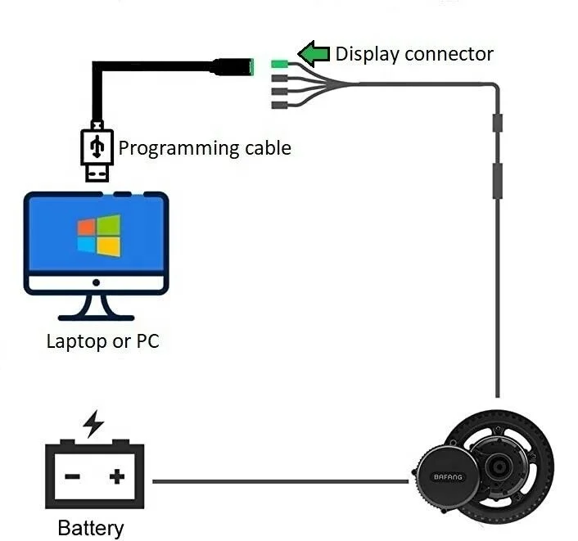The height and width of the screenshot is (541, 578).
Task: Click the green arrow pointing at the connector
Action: pos(313,55)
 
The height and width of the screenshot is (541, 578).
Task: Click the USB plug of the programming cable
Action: pos(96,152)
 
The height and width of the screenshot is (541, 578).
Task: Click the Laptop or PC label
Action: pos(102,340)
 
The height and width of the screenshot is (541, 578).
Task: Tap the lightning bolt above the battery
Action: pos(94,424)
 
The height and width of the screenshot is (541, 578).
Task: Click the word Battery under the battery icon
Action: pos(90,528)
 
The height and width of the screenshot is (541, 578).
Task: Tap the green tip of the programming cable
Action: pos(256,67)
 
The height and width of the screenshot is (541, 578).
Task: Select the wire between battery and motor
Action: pos(278,481)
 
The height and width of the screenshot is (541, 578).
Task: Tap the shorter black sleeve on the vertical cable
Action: pos(496,124)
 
